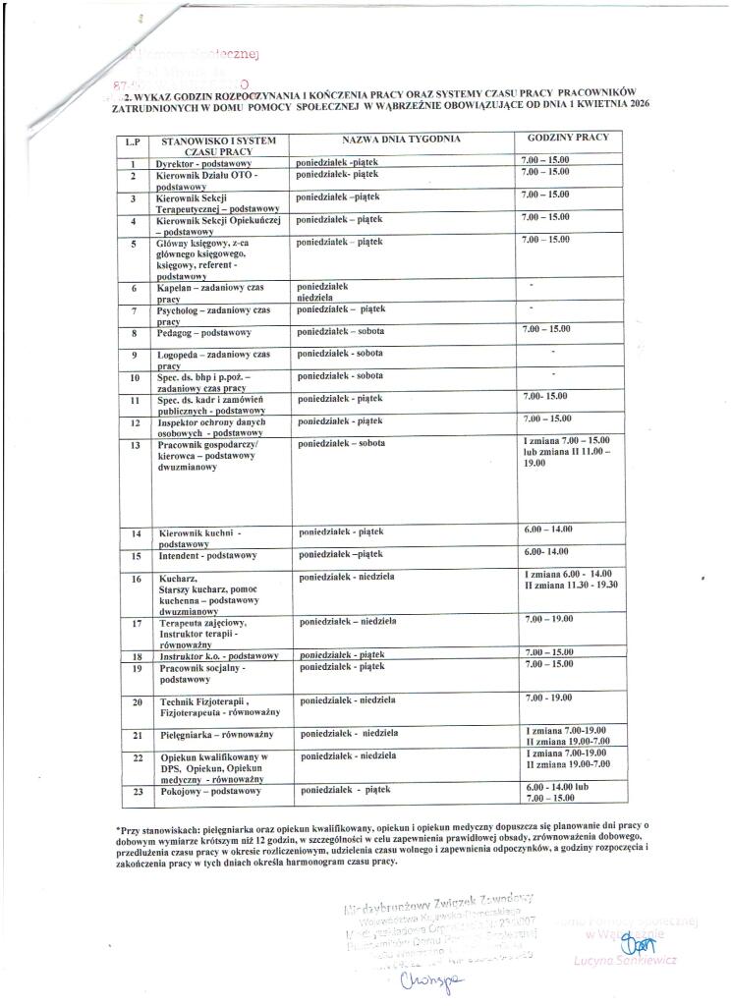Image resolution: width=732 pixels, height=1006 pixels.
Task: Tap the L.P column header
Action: coord(133,143)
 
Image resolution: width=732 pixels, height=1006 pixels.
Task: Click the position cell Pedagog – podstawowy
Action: coord(204,334)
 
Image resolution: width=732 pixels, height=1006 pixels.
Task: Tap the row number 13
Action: coord(138,445)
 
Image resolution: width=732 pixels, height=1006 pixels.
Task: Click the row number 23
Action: coord(137,791)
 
